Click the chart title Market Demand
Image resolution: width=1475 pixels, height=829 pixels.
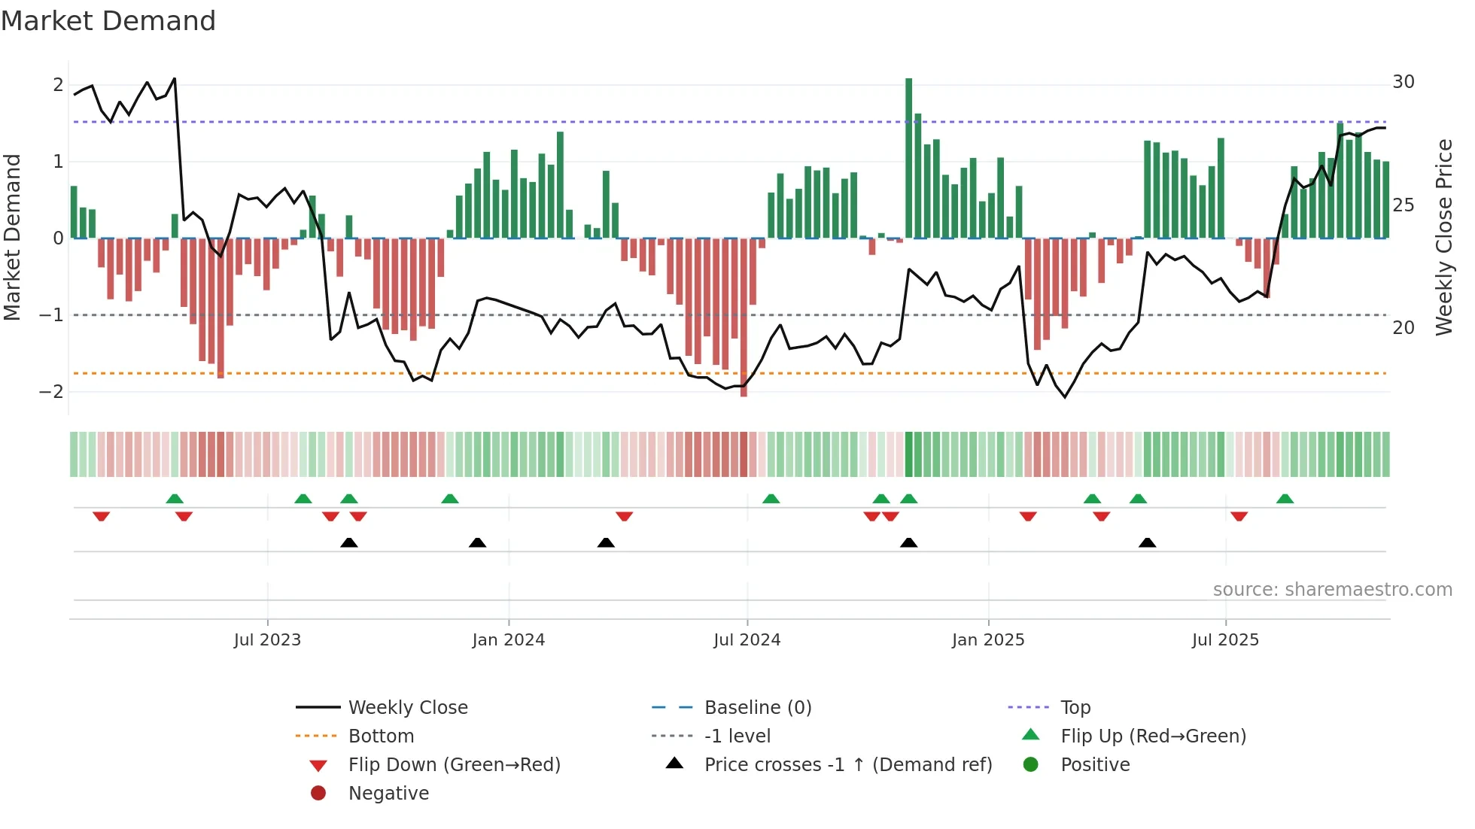click(108, 21)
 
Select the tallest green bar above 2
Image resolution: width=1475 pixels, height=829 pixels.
click(908, 158)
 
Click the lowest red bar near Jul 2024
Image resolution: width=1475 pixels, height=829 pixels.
click(744, 317)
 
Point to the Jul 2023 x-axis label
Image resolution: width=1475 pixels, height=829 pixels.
click(267, 640)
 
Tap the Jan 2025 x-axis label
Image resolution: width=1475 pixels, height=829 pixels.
click(987, 640)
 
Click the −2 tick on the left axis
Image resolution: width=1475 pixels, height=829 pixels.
click(52, 392)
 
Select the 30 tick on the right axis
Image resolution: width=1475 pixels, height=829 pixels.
click(1403, 82)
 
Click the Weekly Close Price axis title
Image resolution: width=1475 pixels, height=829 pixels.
click(1443, 237)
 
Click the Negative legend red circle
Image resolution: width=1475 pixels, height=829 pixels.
click(318, 794)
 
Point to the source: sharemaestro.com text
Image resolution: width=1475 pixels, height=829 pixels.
click(1332, 590)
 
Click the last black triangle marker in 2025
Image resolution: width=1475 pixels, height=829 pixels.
click(1147, 543)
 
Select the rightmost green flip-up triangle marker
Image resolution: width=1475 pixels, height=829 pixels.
click(1285, 499)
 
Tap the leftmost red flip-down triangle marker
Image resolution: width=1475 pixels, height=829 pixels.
click(101, 516)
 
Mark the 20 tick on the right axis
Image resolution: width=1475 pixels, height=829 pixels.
click(1403, 328)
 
